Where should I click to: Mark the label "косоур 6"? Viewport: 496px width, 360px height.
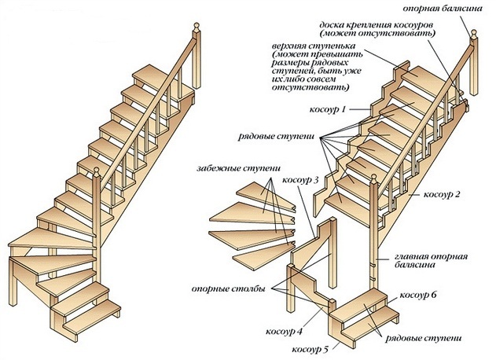(417, 296)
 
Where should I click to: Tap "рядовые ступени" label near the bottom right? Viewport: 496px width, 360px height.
(423, 338)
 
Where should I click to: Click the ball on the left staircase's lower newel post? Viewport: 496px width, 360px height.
(97, 169)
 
